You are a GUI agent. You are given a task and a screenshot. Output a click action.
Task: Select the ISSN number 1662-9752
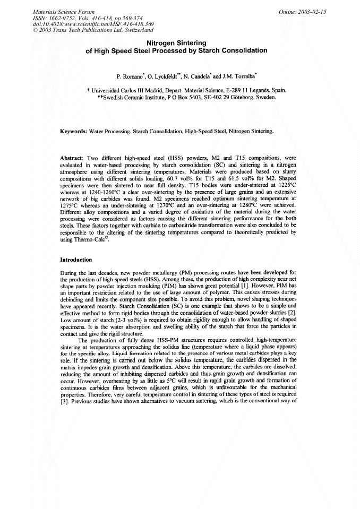(x=66, y=18)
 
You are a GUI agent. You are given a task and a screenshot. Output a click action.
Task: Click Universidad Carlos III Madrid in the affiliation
(x=129, y=91)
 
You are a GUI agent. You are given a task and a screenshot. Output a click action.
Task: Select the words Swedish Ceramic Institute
(x=139, y=98)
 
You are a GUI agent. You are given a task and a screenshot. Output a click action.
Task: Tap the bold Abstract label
(x=75, y=158)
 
